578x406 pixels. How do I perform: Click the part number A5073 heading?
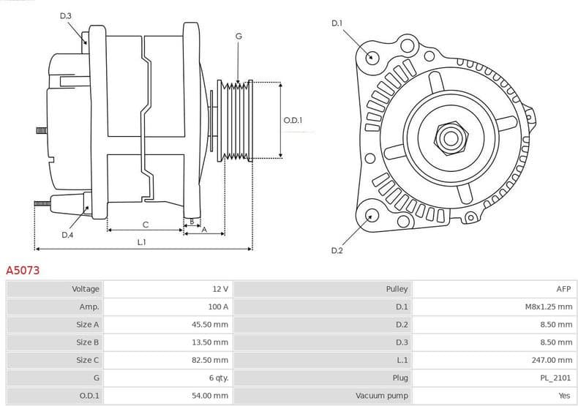tap(23, 270)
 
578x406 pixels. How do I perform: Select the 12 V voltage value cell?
tap(219, 289)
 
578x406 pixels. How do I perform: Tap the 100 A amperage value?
tap(218, 307)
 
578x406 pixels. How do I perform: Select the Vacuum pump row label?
tap(381, 395)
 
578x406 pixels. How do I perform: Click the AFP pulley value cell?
tap(563, 289)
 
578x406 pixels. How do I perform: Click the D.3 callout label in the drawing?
tap(66, 15)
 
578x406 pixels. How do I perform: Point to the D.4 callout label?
tap(67, 235)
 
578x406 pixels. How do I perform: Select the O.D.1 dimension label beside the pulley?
tap(293, 120)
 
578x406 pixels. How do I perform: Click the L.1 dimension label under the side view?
tap(141, 241)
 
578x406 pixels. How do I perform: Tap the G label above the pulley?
tap(239, 36)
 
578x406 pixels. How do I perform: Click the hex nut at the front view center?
tap(448, 136)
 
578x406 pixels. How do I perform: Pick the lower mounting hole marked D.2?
tap(372, 215)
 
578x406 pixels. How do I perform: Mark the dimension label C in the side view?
tap(145, 224)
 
